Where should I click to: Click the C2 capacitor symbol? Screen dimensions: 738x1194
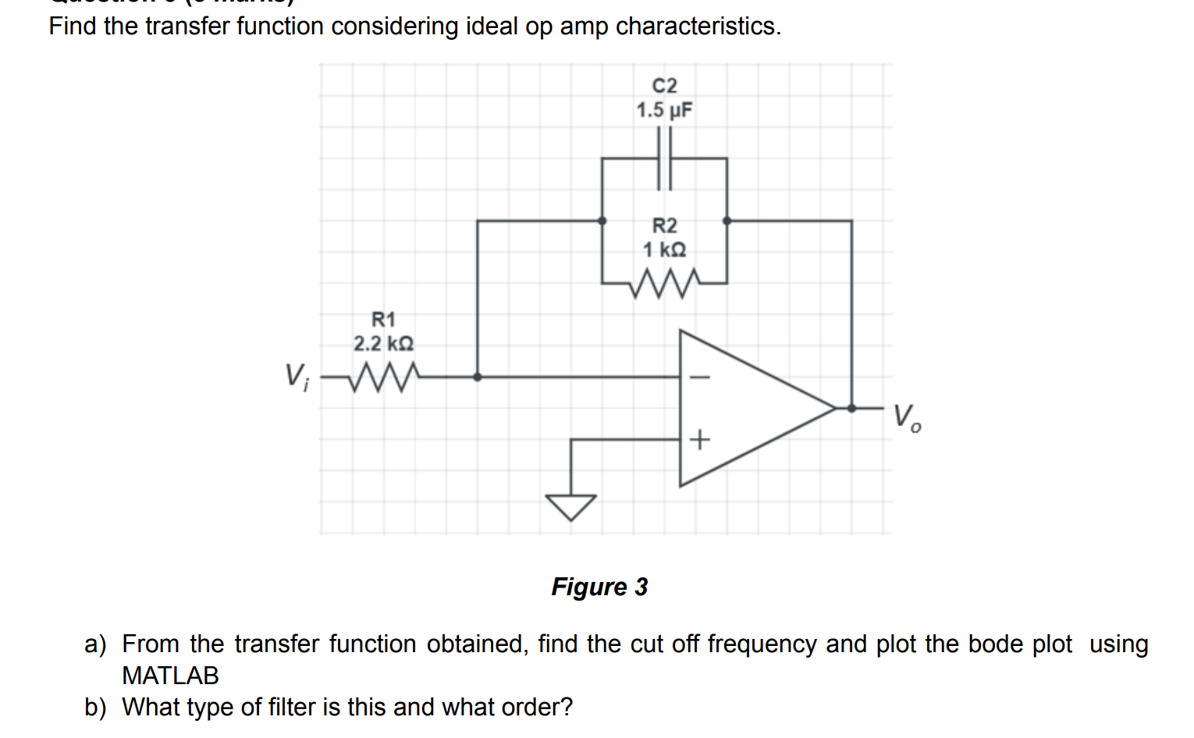(x=664, y=158)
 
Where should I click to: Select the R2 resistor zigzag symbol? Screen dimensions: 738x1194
(x=664, y=284)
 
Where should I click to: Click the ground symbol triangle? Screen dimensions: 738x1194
(x=571, y=506)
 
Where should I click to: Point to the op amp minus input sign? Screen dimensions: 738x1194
(x=700, y=378)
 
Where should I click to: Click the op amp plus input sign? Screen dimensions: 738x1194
(x=700, y=440)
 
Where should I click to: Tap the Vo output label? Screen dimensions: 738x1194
(x=906, y=417)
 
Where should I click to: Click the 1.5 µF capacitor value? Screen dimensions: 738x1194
(x=664, y=110)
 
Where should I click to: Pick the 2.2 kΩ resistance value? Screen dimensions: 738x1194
(x=383, y=343)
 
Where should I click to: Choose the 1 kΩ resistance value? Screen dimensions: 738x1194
(x=664, y=250)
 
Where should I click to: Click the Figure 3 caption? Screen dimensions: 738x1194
(x=599, y=587)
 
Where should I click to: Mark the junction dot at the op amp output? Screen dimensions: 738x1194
(x=851, y=408)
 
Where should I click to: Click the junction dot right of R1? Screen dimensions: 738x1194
(x=477, y=377)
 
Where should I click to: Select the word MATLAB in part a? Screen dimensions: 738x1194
(x=170, y=676)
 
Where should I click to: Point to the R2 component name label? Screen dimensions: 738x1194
(x=664, y=225)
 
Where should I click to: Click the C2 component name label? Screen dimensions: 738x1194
(x=664, y=85)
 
